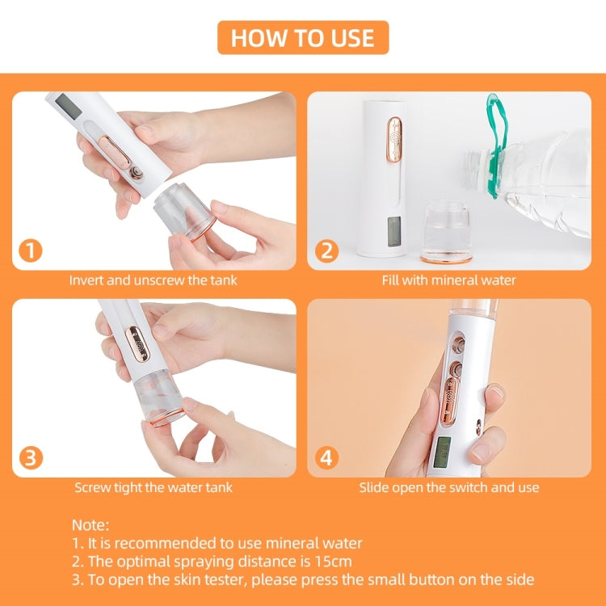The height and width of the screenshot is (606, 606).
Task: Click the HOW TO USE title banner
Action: (x=303, y=38)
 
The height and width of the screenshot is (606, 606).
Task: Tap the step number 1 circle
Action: (x=31, y=250)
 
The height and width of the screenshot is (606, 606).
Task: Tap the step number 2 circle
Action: (x=326, y=250)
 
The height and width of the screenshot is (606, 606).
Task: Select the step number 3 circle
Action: (x=31, y=457)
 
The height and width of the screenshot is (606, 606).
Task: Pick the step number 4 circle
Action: (x=326, y=457)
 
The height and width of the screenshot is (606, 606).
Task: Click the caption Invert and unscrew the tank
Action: (x=153, y=280)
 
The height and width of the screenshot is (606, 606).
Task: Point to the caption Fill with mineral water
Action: (x=448, y=280)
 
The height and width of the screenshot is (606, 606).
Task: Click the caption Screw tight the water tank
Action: (x=154, y=487)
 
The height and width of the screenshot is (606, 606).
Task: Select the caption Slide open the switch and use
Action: (x=448, y=487)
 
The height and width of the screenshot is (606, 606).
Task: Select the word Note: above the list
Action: (x=90, y=525)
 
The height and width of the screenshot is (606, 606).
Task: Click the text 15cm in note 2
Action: (x=334, y=561)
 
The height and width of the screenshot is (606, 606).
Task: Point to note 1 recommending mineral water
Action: (x=217, y=543)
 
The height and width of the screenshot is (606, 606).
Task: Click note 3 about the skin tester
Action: (x=303, y=579)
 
